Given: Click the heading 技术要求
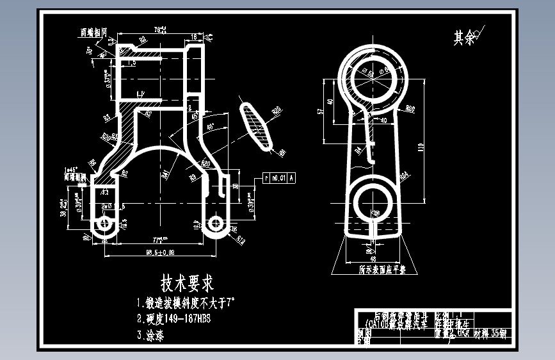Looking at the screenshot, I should (187, 282).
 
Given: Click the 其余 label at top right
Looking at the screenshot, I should (464, 38).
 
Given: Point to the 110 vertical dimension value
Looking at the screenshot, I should (421, 146).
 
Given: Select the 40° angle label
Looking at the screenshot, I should (211, 127).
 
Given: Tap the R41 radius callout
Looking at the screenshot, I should (165, 174).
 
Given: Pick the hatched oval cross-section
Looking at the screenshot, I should (257, 127).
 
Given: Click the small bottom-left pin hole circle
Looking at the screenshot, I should (104, 223).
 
